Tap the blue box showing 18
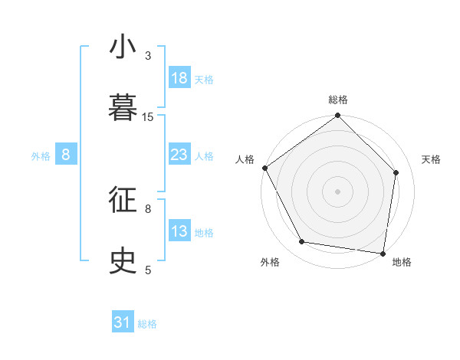point(179,78)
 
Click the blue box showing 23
point(179,155)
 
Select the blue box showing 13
point(179,231)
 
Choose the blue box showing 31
point(123,323)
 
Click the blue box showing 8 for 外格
point(66,155)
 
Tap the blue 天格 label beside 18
point(204,80)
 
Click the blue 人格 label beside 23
point(204,156)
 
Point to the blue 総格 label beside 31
point(147,324)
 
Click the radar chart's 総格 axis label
point(338,100)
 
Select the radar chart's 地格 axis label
point(402,262)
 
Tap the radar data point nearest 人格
point(264,168)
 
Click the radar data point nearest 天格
point(396,172)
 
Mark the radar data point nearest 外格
point(302,242)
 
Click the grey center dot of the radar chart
point(338,191)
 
